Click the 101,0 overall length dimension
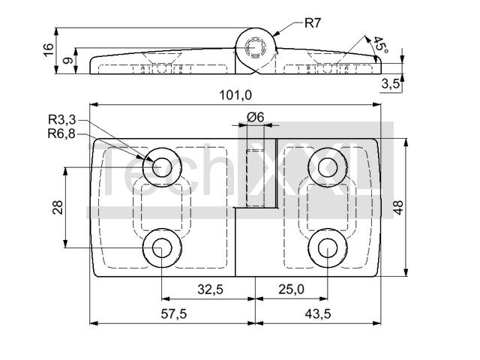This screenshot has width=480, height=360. pos(235,95)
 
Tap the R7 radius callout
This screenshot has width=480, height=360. pos(312,23)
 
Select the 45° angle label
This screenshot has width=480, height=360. pos(380,45)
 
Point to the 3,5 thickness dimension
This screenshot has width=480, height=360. pos(391,83)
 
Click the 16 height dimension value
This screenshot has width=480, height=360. pos(49,49)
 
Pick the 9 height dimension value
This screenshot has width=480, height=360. pos(68,60)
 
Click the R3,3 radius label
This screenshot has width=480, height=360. pos(61,120)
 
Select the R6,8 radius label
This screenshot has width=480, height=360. pos(61,133)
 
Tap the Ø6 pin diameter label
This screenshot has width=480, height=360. pos(255,117)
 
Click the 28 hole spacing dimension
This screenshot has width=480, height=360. pos(58,207)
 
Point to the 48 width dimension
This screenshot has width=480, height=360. pos(398,208)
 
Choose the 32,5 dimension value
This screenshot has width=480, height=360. pos(210,289)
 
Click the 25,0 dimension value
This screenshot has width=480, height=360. pos(291,289)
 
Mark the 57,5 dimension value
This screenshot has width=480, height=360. pos(173,313)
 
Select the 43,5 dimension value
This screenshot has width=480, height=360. pos(318,313)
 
